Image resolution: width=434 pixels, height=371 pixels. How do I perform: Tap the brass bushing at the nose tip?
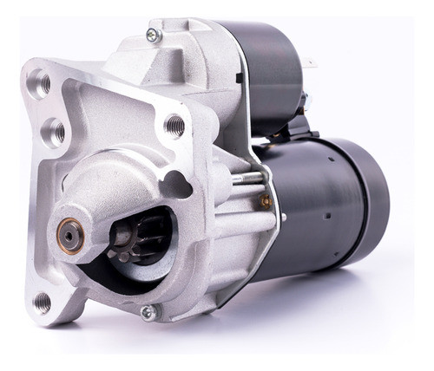71,235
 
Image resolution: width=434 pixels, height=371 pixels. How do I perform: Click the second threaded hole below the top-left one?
53,132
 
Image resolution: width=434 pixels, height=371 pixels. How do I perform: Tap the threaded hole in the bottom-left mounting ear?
42,302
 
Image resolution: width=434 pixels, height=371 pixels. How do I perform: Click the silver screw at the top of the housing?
155,36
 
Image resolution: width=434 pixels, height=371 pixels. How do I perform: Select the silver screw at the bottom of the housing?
148,312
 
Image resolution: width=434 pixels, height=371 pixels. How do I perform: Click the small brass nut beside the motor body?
266,202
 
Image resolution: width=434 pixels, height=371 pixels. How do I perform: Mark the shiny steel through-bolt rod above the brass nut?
247,179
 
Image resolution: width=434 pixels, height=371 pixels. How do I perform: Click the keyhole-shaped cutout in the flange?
179,185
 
